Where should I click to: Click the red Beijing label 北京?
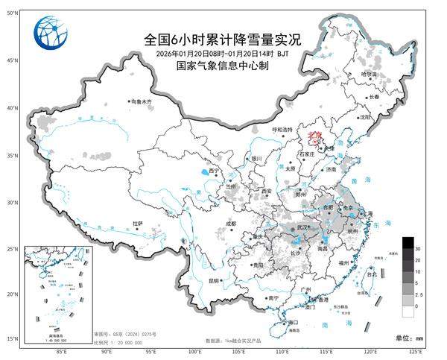click(x=314, y=134)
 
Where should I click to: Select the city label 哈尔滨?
click(x=370, y=75)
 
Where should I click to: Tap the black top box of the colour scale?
click(x=408, y=242)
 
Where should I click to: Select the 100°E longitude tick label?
click(x=196, y=351)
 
